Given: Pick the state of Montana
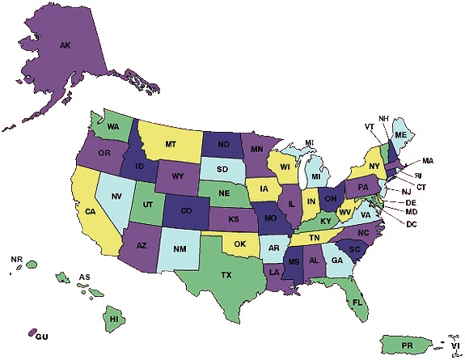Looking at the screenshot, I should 171,143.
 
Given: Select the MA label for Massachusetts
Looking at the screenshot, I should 428,161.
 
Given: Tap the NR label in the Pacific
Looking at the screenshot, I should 16,259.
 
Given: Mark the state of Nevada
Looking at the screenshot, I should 116,196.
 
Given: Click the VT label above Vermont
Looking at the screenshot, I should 369,126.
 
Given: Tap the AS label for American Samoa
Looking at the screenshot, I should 84,277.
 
